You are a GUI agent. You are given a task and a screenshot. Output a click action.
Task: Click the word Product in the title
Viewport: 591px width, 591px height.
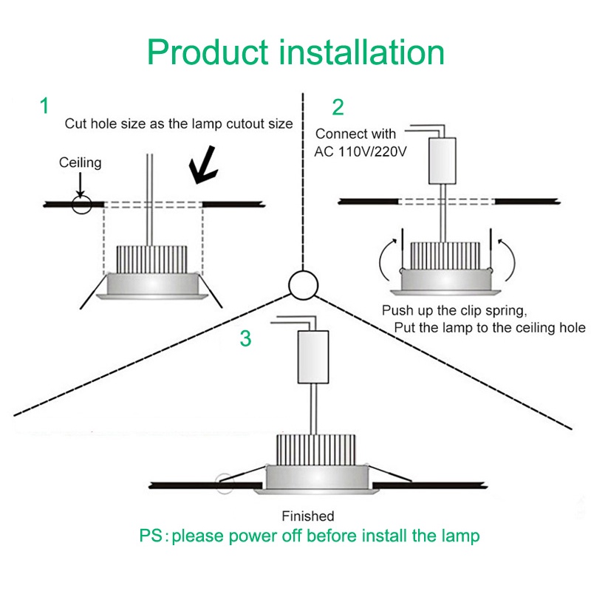[208, 52]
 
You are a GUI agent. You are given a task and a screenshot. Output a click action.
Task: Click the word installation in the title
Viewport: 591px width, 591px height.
[362, 52]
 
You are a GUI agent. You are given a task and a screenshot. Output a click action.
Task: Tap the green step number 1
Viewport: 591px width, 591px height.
[44, 106]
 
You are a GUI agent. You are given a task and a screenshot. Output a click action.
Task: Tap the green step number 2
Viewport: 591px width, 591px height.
[338, 107]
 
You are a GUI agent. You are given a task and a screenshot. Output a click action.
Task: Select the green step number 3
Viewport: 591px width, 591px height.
[245, 338]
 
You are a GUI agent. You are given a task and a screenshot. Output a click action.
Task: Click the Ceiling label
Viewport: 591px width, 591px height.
[81, 163]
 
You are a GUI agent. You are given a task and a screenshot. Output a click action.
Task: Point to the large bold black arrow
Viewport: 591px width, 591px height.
[204, 165]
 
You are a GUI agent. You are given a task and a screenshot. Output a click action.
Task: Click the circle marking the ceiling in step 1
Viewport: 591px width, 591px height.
[82, 205]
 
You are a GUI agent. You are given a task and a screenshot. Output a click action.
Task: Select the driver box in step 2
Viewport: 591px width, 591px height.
[443, 161]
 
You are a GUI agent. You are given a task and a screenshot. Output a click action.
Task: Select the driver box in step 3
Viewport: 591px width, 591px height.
[313, 357]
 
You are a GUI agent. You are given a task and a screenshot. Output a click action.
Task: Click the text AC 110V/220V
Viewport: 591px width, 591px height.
[361, 151]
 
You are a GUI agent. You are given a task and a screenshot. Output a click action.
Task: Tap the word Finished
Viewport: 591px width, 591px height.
[308, 516]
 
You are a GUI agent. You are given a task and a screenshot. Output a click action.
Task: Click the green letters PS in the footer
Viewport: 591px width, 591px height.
[151, 536]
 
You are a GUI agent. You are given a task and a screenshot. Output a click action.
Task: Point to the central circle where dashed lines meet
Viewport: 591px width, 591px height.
[304, 285]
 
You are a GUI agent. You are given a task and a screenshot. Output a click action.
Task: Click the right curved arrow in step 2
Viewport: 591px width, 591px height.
[508, 260]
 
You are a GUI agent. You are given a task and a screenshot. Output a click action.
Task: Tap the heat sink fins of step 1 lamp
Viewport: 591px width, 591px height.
[152, 260]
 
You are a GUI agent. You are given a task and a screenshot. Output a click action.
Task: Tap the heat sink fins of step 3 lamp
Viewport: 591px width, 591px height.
[316, 450]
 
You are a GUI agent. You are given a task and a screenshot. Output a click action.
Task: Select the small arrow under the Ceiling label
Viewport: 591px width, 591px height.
[81, 185]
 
